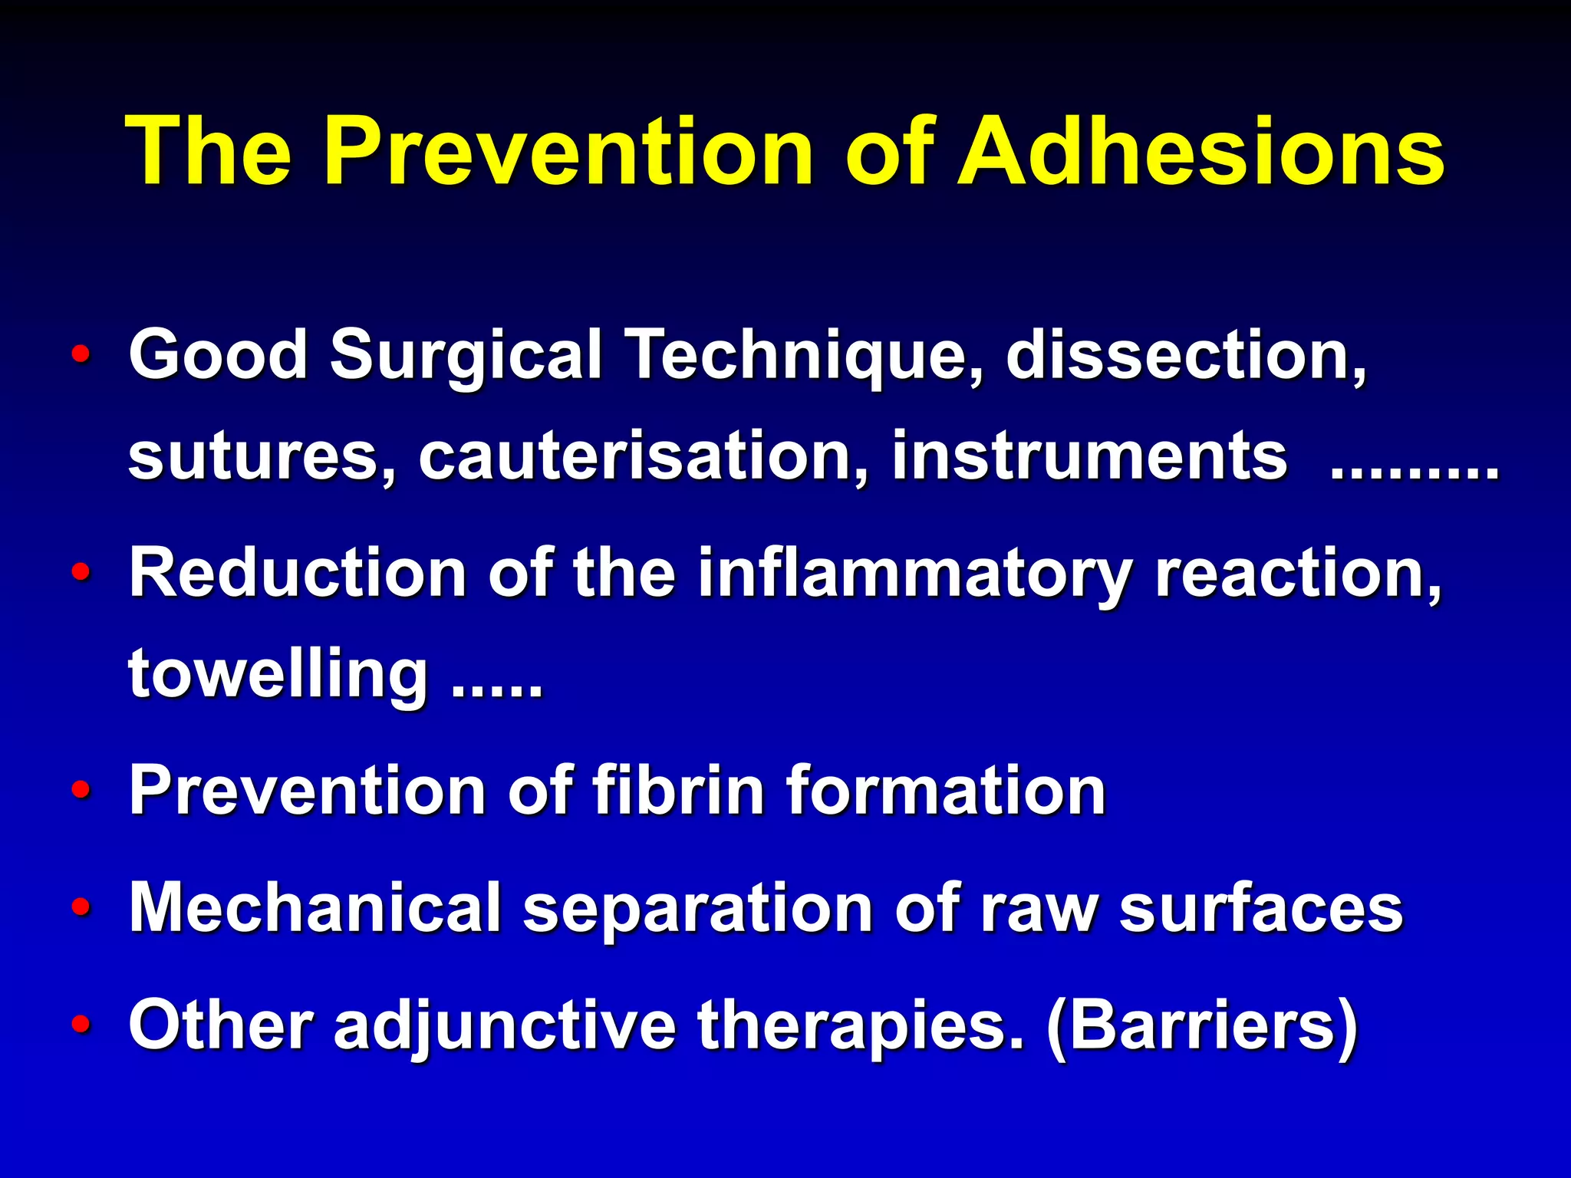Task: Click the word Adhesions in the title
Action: pyautogui.click(x=1200, y=151)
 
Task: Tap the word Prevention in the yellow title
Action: pyautogui.click(x=568, y=151)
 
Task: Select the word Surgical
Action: pyautogui.click(x=466, y=354)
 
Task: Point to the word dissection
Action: pyautogui.click(x=1185, y=354)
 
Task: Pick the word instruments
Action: pyautogui.click(x=1089, y=456)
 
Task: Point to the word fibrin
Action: pyautogui.click(x=680, y=790)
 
